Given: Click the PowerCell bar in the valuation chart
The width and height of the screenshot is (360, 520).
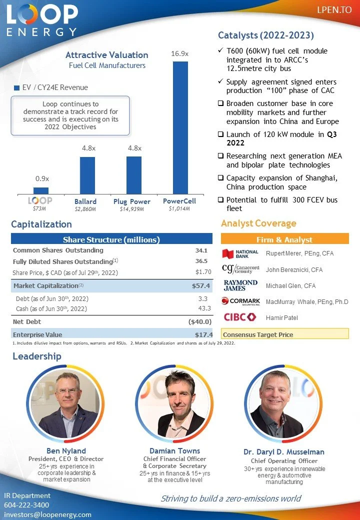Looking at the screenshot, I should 180,127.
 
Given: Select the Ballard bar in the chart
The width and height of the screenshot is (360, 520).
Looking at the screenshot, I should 87,175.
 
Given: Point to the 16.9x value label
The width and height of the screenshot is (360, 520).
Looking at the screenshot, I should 180,53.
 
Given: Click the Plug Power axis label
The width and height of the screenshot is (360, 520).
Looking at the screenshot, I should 131,201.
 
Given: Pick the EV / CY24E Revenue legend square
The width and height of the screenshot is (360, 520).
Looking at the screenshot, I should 16,88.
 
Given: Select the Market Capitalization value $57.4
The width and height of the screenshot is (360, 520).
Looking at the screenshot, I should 202,286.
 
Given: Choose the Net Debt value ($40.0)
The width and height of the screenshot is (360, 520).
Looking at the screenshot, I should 200,321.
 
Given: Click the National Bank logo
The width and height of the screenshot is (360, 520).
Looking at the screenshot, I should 240,253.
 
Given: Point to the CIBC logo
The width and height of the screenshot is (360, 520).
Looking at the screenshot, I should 239,317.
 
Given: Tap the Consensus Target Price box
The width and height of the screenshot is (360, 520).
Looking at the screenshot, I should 284,334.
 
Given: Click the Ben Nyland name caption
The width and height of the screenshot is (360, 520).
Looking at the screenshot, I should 66,451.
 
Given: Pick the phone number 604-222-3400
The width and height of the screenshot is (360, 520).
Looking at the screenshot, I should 26,505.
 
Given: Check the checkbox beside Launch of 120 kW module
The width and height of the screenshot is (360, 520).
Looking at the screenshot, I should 221,134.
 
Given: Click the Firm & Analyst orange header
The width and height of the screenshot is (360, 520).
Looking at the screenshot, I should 284,239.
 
